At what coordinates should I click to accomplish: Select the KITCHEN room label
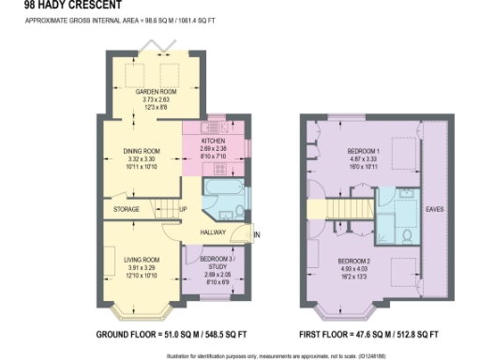coord(215,141)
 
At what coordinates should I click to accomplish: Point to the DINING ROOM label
coord(143,150)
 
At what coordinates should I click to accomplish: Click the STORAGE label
coord(127,210)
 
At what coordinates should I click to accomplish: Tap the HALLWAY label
coord(216,230)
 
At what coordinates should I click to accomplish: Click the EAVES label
coord(434,208)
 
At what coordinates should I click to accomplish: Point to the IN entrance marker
coord(256,233)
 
